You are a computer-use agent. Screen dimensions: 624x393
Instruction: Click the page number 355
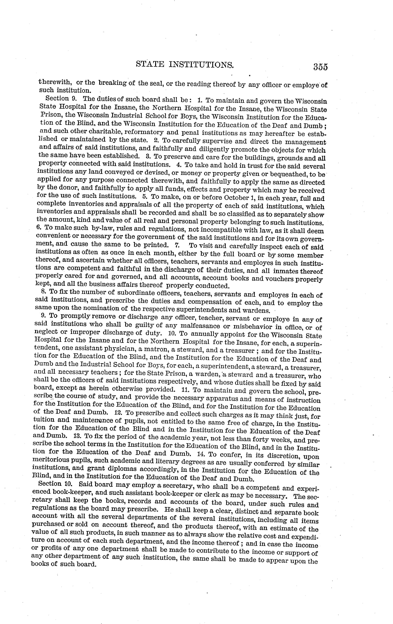point(320,67)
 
